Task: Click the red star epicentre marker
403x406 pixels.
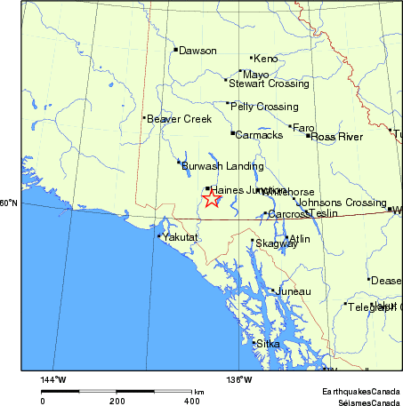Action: click(x=211, y=199)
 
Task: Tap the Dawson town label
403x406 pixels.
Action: click(x=197, y=51)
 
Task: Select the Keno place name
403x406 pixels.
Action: click(x=266, y=59)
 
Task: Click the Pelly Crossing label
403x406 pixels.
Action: click(x=264, y=107)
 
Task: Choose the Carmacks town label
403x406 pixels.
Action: click(x=259, y=135)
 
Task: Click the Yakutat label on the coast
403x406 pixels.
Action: click(x=180, y=237)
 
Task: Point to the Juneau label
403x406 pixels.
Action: click(x=294, y=291)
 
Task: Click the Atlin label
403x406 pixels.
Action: click(x=301, y=240)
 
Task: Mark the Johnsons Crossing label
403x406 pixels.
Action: click(x=341, y=203)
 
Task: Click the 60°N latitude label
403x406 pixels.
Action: click(x=9, y=203)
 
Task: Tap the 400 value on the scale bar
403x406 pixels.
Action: click(x=191, y=401)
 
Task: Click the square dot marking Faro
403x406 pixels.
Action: click(x=290, y=127)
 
